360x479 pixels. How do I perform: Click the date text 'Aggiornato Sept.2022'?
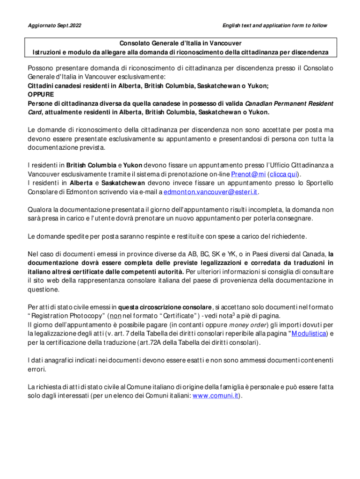point(51,25)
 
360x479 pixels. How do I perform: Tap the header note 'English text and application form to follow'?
point(274,25)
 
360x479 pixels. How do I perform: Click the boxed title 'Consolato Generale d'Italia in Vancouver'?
point(180,43)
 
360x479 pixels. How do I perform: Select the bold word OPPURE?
point(41,94)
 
